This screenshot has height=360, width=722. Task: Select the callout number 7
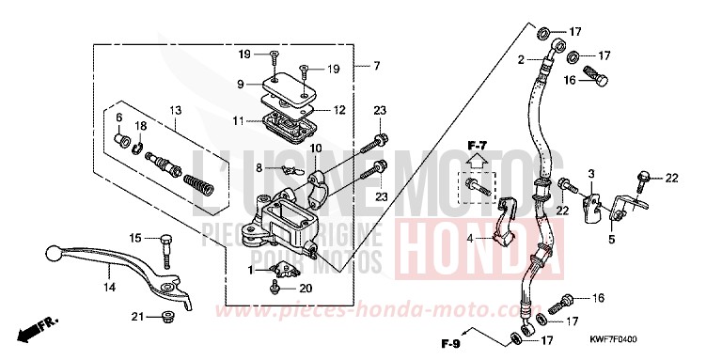pyautogui.click(x=377, y=66)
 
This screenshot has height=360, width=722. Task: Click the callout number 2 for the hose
pyautogui.click(x=517, y=59)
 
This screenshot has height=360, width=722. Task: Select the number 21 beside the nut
pyautogui.click(x=137, y=317)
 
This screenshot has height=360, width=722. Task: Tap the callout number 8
pyautogui.click(x=246, y=167)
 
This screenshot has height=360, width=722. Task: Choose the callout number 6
pyautogui.click(x=119, y=117)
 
